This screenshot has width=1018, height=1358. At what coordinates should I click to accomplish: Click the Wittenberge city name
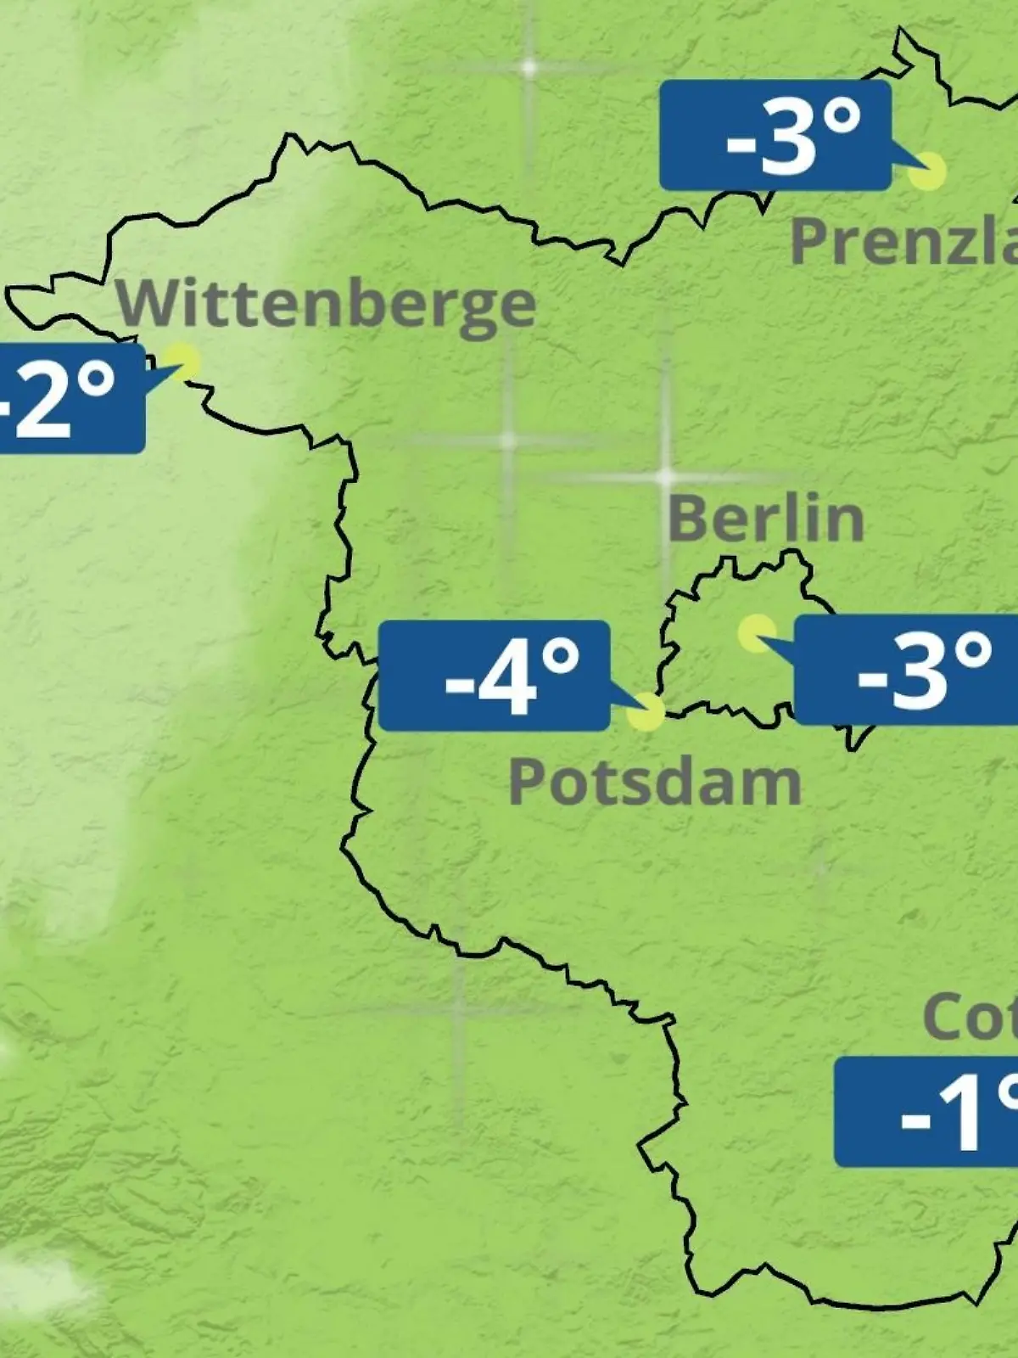pyautogui.click(x=327, y=305)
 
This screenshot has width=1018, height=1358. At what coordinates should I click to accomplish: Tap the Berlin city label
pyautogui.click(x=766, y=519)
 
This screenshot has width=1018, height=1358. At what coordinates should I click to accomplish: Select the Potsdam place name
pyautogui.click(x=655, y=783)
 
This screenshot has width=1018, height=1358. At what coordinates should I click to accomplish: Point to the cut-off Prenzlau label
pyautogui.click(x=903, y=241)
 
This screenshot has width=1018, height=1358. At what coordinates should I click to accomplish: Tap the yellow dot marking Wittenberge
pyautogui.click(x=182, y=362)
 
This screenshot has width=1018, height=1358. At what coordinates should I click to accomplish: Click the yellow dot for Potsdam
pyautogui.click(x=646, y=712)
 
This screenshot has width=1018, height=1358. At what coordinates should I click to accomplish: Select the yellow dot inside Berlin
pyautogui.click(x=756, y=633)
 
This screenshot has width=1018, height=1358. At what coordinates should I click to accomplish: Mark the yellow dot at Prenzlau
pyautogui.click(x=926, y=171)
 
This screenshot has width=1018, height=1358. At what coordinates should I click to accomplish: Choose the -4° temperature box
pyautogui.click(x=494, y=676)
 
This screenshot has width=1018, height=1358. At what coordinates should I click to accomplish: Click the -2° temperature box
pyautogui.click(x=68, y=398)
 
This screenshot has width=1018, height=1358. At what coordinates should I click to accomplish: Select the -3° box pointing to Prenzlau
pyautogui.click(x=775, y=136)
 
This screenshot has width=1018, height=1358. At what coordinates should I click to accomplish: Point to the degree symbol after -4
pyautogui.click(x=561, y=658)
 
